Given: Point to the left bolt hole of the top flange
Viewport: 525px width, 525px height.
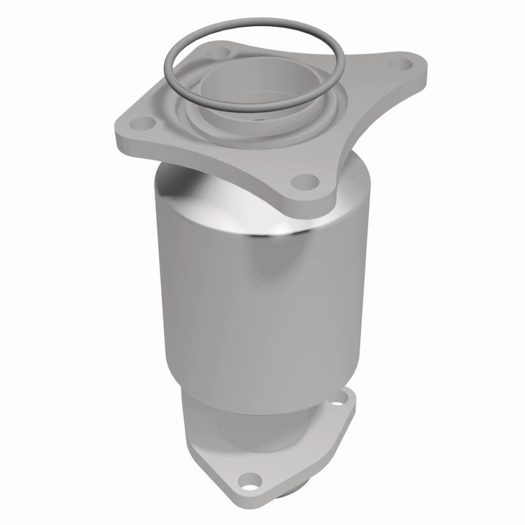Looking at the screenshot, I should [145, 122].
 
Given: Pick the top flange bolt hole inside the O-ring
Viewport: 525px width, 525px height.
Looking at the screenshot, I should [217, 52].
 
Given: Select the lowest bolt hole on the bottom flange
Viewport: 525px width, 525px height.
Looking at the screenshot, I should [251, 481].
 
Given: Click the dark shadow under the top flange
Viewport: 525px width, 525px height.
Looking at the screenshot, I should [182, 175].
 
